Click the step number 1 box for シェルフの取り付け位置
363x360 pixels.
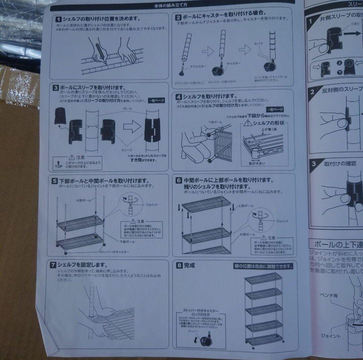point(58,19)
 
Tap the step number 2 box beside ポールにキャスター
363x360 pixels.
point(178,16)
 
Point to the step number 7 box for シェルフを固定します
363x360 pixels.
point(53,265)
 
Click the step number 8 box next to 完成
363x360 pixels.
point(179,265)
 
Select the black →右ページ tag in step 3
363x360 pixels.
point(156,100)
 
